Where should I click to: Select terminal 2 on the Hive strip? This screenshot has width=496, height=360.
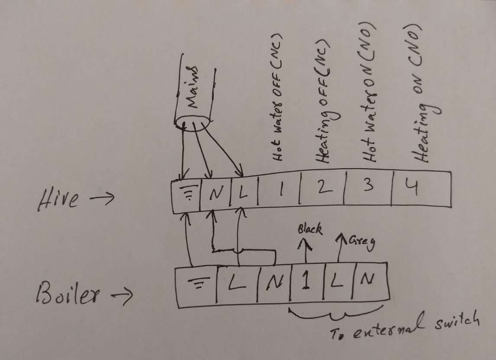pos(324,188)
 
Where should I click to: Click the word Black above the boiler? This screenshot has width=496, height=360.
pos(310,229)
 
